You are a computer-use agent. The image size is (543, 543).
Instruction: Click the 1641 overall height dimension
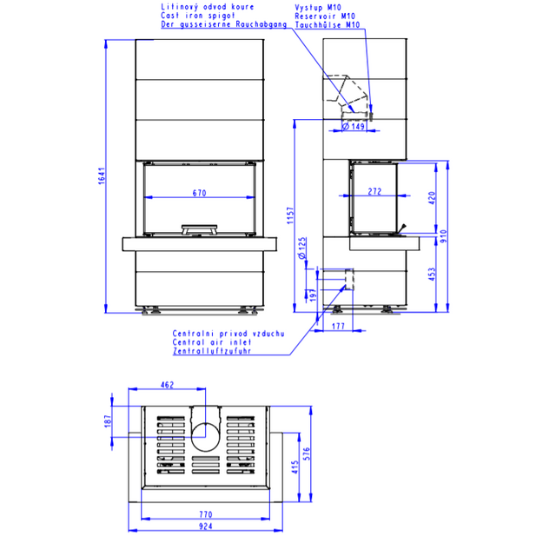[101, 175]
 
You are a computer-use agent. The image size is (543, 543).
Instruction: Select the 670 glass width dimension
[200, 193]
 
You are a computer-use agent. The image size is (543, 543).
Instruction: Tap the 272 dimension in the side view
[374, 191]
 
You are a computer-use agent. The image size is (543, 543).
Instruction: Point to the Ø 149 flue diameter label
[354, 126]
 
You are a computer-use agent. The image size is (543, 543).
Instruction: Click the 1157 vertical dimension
[290, 215]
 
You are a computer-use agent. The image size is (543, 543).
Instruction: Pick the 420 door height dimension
[432, 198]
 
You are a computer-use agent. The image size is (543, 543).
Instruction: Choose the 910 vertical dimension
[444, 236]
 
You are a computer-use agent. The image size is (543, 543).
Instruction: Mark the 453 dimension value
[432, 274]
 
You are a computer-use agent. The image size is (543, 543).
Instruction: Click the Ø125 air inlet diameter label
[302, 248]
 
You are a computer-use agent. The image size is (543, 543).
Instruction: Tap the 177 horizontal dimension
[338, 326]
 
